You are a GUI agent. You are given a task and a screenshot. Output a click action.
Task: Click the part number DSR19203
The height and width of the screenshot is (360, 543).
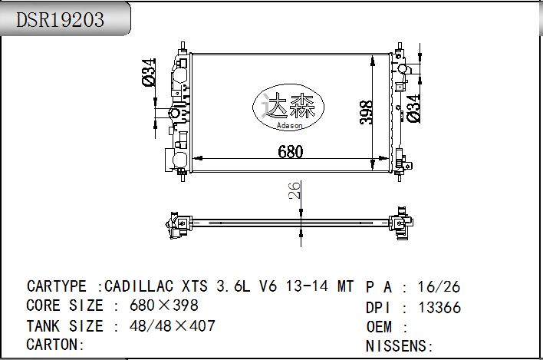61,20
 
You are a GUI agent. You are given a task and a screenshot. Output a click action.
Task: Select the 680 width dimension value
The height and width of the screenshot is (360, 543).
290,152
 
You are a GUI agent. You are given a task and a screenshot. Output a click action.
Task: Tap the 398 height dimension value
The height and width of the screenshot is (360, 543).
367,112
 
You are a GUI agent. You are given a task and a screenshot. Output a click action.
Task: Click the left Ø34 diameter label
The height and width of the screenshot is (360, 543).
150,72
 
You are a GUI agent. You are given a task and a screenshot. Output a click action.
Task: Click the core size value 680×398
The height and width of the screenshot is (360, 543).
164,306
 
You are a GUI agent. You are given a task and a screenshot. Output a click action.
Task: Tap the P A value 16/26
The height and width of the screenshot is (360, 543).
439,287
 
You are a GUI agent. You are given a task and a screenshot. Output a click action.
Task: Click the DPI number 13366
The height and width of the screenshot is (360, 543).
439,308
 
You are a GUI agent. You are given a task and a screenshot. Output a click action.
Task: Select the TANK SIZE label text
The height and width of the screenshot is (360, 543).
64,326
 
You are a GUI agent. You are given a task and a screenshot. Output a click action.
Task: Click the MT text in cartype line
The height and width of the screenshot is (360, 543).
346,287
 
